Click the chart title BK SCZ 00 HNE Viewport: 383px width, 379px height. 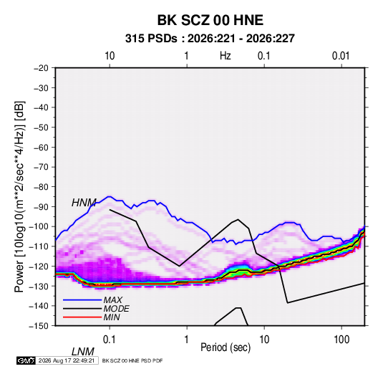pyautogui.click(x=210, y=20)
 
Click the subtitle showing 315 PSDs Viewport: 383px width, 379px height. pyautogui.click(x=210, y=39)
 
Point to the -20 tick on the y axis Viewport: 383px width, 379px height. pyautogui.click(x=41, y=68)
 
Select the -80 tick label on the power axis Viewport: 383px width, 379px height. pyautogui.click(x=41, y=187)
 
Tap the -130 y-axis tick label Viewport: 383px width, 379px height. pyautogui.click(x=39, y=286)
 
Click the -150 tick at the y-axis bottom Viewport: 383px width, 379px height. pyautogui.click(x=39, y=326)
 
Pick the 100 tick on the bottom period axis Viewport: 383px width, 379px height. pyautogui.click(x=341, y=340)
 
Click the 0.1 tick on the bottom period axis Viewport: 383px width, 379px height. pyautogui.click(x=110, y=340)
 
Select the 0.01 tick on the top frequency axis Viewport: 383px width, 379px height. pyautogui.click(x=341, y=56)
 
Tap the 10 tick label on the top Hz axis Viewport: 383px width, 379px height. pyautogui.click(x=110, y=56)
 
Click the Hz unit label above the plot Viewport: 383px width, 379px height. pyautogui.click(x=226, y=56)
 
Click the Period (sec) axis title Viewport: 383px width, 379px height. pyautogui.click(x=226, y=347)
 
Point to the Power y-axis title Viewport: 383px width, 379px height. pyautogui.click(x=19, y=196)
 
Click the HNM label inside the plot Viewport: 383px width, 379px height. pyautogui.click(x=84, y=203)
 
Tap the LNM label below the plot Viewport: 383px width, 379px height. pyautogui.click(x=83, y=352)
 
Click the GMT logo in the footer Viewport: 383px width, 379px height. pyautogui.click(x=26, y=360)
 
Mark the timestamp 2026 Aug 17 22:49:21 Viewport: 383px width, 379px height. pyautogui.click(x=67, y=360)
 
